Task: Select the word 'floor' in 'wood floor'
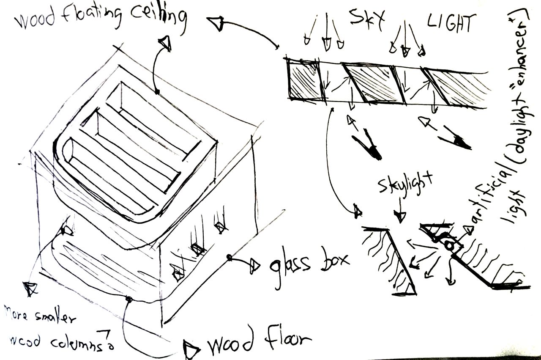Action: click(x=283, y=338)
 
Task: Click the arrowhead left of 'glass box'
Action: click(x=255, y=265)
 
